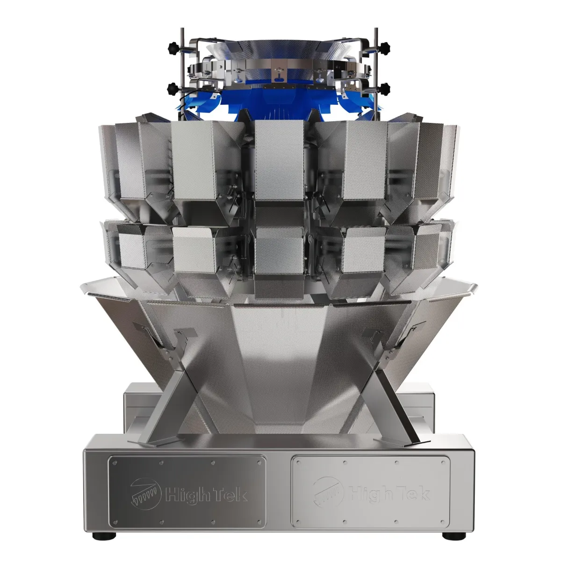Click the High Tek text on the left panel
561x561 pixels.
(x=206, y=495)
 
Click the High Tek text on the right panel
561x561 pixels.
(x=389, y=494)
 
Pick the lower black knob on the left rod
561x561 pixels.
(x=173, y=87)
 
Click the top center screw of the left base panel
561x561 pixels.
(x=187, y=462)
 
